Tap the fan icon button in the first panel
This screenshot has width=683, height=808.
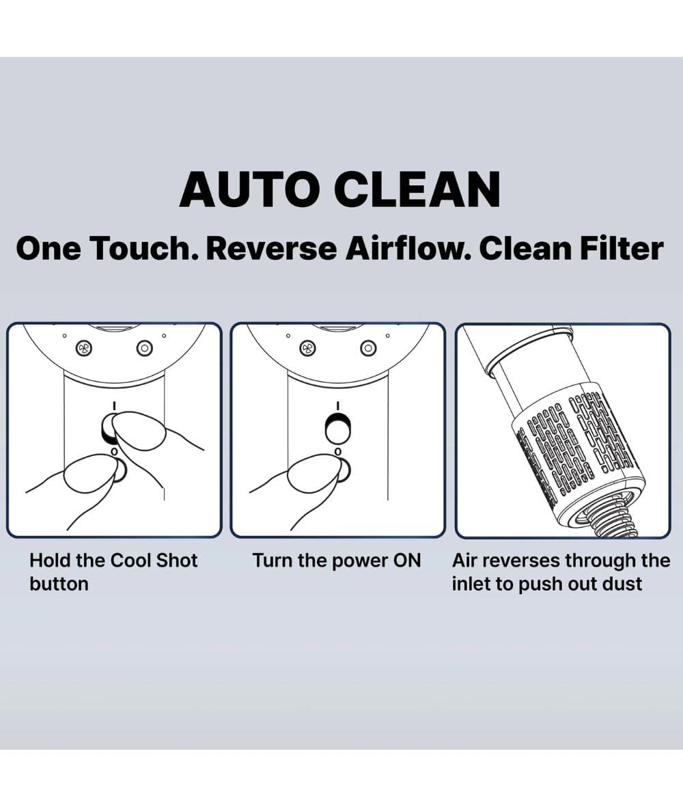[x=85, y=347]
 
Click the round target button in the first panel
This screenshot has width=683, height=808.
[x=145, y=348]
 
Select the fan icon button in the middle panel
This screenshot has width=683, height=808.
[x=308, y=348]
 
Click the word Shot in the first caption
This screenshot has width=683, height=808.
[x=176, y=561]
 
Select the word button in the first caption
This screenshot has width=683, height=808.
[x=59, y=584]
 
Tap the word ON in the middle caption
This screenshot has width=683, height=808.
[x=406, y=561]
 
